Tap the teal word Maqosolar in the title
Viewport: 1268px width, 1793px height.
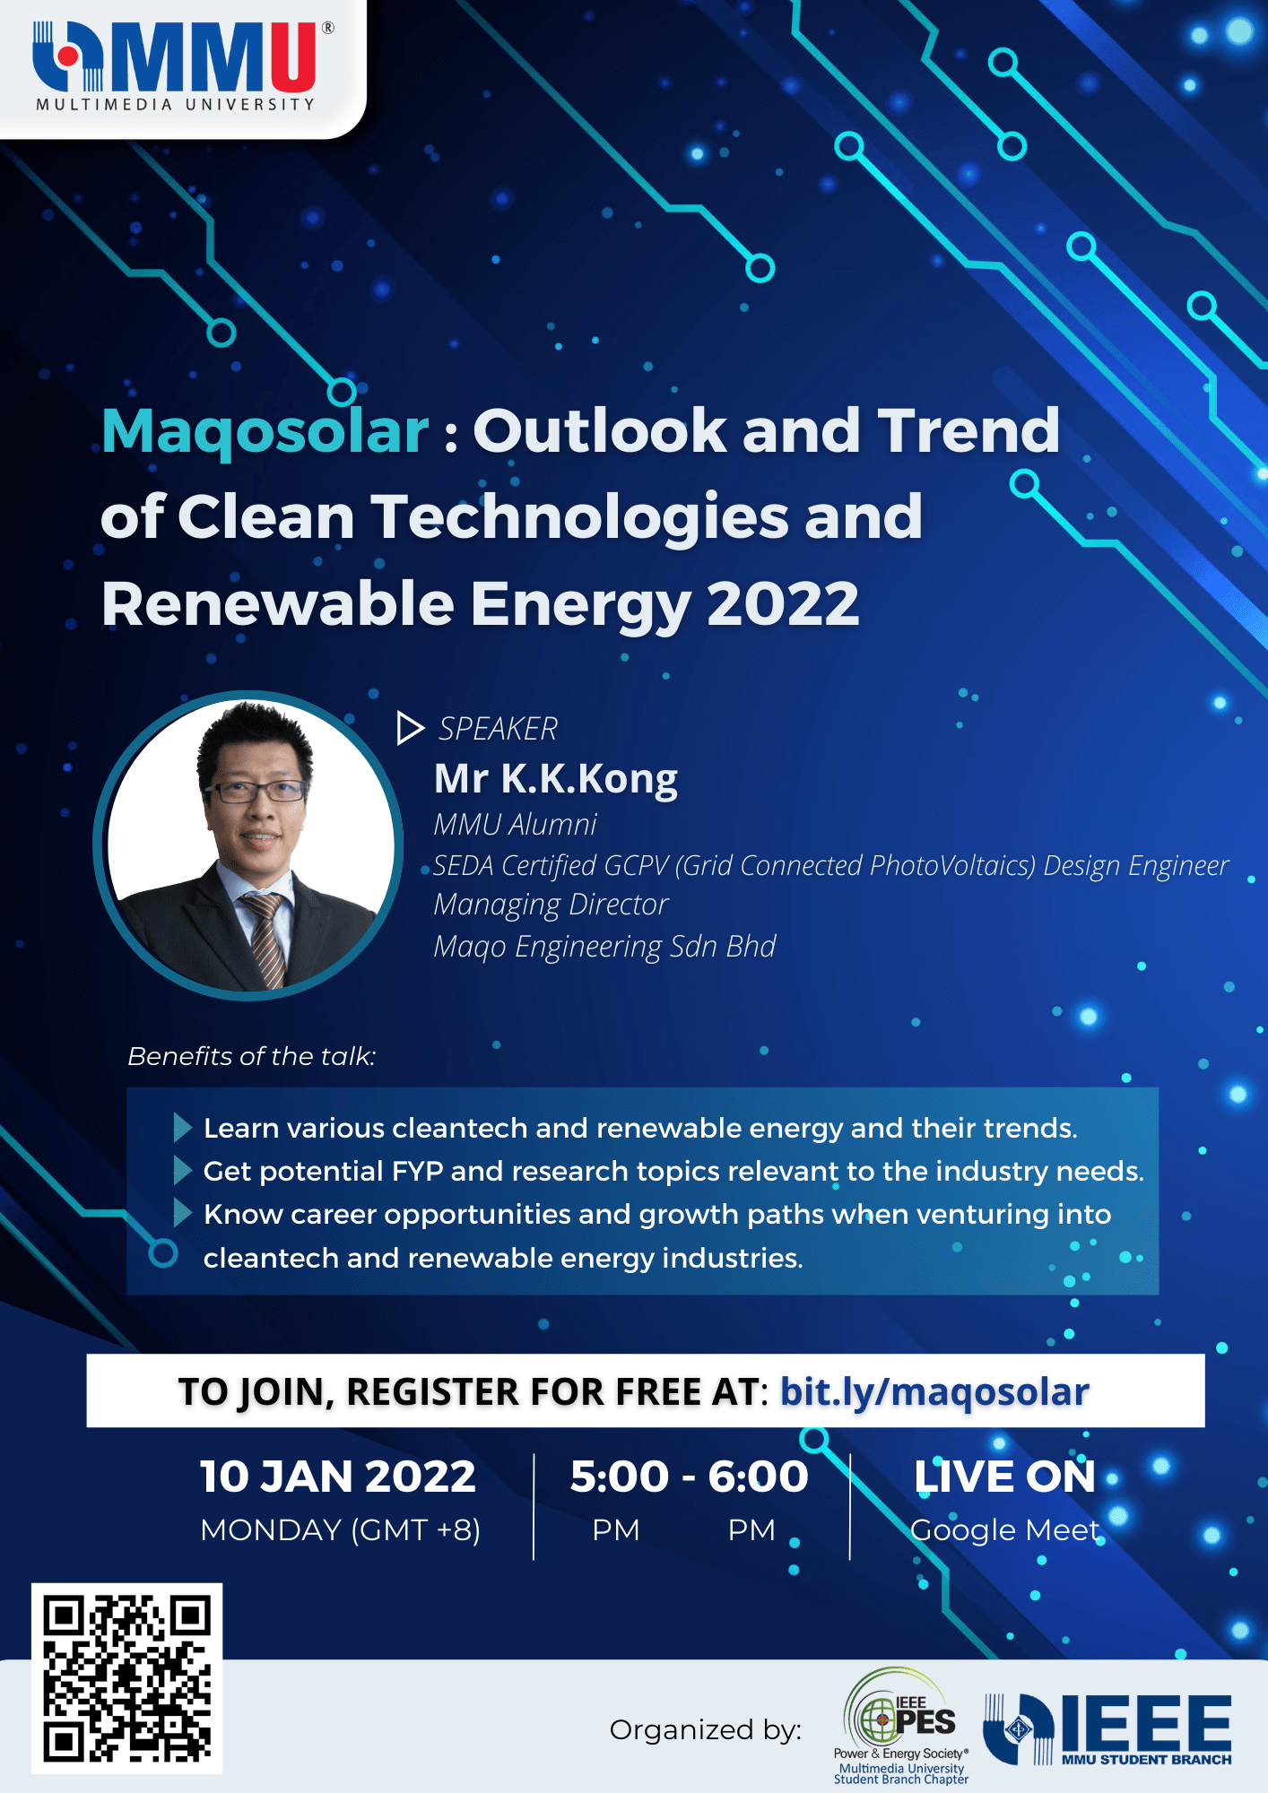pyautogui.click(x=265, y=432)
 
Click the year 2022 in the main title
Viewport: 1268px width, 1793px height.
pyautogui.click(x=783, y=603)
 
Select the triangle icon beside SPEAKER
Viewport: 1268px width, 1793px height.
pyautogui.click(x=410, y=728)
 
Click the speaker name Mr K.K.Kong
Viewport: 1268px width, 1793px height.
pyautogui.click(x=556, y=779)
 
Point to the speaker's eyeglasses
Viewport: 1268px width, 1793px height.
pyautogui.click(x=256, y=791)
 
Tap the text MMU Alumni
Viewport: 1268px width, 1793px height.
pyautogui.click(x=515, y=825)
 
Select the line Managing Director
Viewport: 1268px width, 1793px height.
pyautogui.click(x=551, y=905)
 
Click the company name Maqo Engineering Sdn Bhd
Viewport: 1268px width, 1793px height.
pyautogui.click(x=604, y=947)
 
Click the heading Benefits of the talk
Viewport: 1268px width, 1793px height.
pyautogui.click(x=251, y=1056)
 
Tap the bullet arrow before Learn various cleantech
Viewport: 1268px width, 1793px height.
pyautogui.click(x=182, y=1128)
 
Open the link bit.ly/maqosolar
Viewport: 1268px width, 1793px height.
pyautogui.click(x=934, y=1392)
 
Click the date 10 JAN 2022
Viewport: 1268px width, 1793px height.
pyautogui.click(x=337, y=1477)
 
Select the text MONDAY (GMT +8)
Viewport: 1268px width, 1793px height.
pyautogui.click(x=341, y=1530)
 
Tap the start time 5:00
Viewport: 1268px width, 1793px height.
pyautogui.click(x=620, y=1477)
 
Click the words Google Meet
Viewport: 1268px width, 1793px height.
pyautogui.click(x=1005, y=1530)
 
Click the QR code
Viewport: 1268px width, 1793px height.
pyautogui.click(x=126, y=1678)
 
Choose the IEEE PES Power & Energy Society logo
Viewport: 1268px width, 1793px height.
pyautogui.click(x=901, y=1726)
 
